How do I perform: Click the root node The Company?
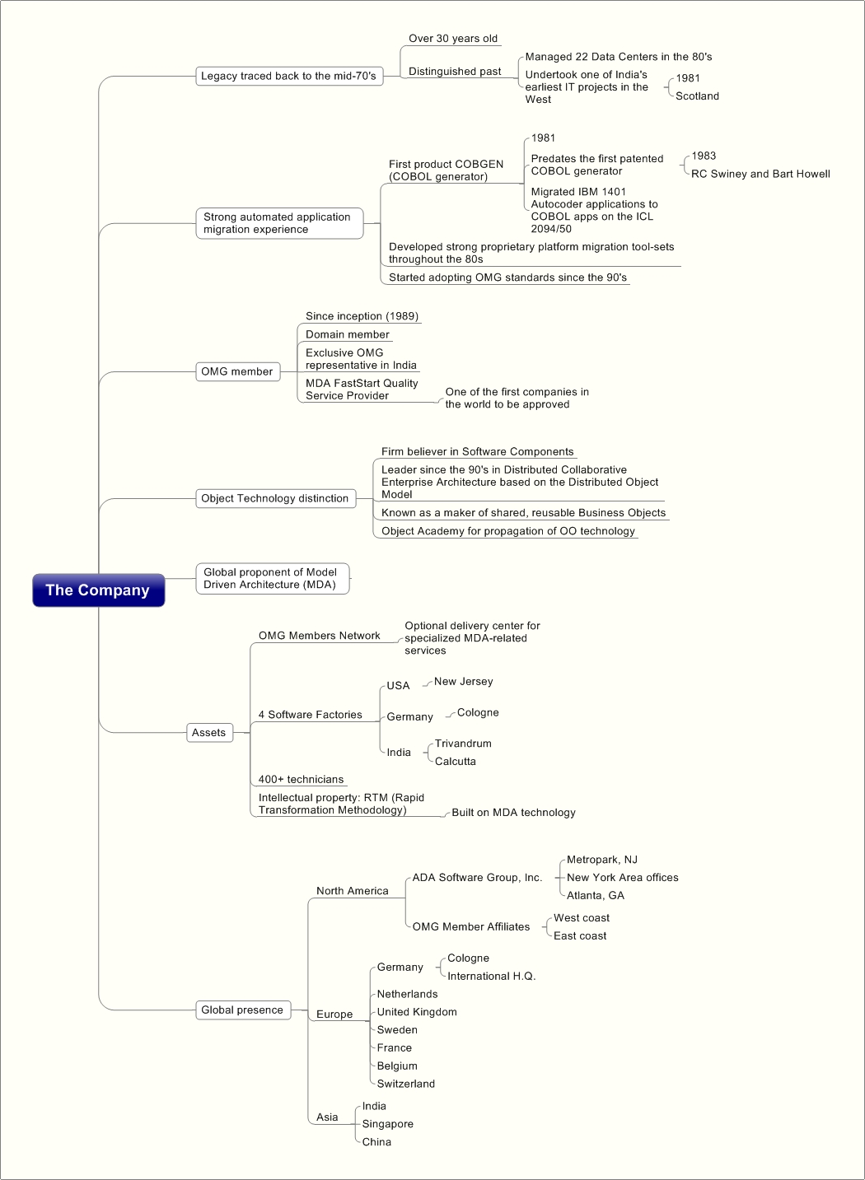point(99,590)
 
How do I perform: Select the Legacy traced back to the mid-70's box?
point(289,76)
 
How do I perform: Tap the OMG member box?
point(238,371)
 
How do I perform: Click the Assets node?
point(210,732)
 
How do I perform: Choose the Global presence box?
point(243,1010)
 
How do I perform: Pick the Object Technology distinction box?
point(276,498)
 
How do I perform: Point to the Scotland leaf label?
point(698,96)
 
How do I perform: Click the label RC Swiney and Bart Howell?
point(760,174)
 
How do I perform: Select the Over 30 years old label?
point(453,39)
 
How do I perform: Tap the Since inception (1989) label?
point(362,316)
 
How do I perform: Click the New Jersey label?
point(463,681)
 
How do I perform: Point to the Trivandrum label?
point(463,744)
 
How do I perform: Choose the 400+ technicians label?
point(301,779)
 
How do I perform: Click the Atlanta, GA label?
point(595,895)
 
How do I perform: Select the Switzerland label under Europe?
point(406,1084)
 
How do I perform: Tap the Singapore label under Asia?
point(387,1124)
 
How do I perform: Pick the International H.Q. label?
point(491,976)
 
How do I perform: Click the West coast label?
point(582,917)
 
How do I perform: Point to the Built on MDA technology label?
point(513,812)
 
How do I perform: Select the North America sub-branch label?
point(352,891)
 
